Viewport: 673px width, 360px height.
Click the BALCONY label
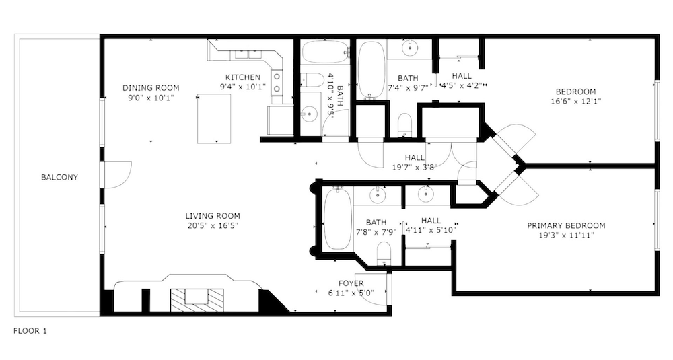click(59, 177)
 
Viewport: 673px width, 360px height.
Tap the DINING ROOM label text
click(151, 88)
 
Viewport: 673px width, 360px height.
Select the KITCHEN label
click(243, 77)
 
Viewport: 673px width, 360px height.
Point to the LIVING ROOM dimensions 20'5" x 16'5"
click(213, 225)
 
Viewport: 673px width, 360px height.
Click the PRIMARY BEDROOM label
click(566, 225)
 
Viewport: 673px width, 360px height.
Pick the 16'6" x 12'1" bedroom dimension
click(575, 102)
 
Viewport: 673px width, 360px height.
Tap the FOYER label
click(351, 283)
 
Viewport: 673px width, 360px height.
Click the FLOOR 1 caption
click(30, 331)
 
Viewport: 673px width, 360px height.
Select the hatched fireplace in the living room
click(197, 300)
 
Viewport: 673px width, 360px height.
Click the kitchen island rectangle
click(214, 118)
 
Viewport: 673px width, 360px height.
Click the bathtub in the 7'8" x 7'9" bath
click(337, 219)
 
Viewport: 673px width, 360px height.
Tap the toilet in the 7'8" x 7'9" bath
click(384, 254)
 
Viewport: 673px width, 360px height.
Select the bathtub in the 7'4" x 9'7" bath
click(371, 70)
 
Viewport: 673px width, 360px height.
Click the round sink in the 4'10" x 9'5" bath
click(309, 114)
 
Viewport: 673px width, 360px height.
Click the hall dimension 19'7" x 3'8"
click(415, 167)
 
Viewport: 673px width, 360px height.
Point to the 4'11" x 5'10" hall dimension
click(431, 230)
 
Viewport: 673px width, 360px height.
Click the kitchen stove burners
click(277, 83)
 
